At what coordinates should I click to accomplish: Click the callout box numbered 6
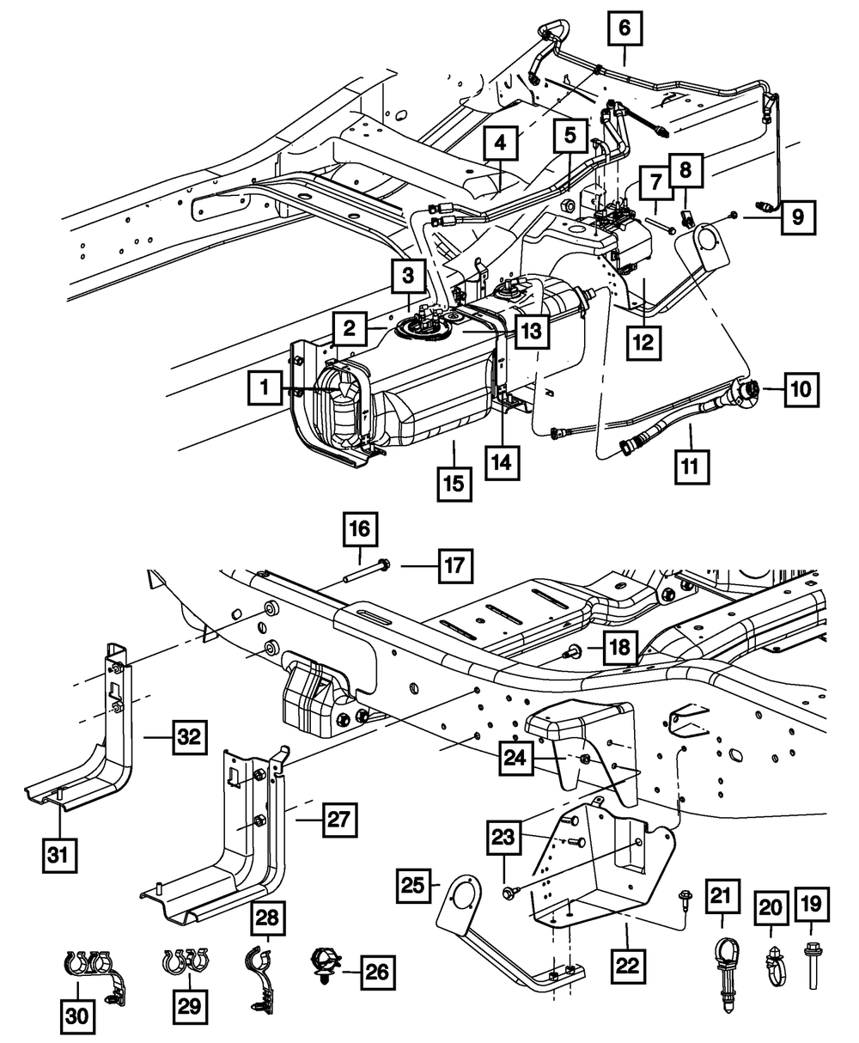624,29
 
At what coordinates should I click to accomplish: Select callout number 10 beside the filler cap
799,389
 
